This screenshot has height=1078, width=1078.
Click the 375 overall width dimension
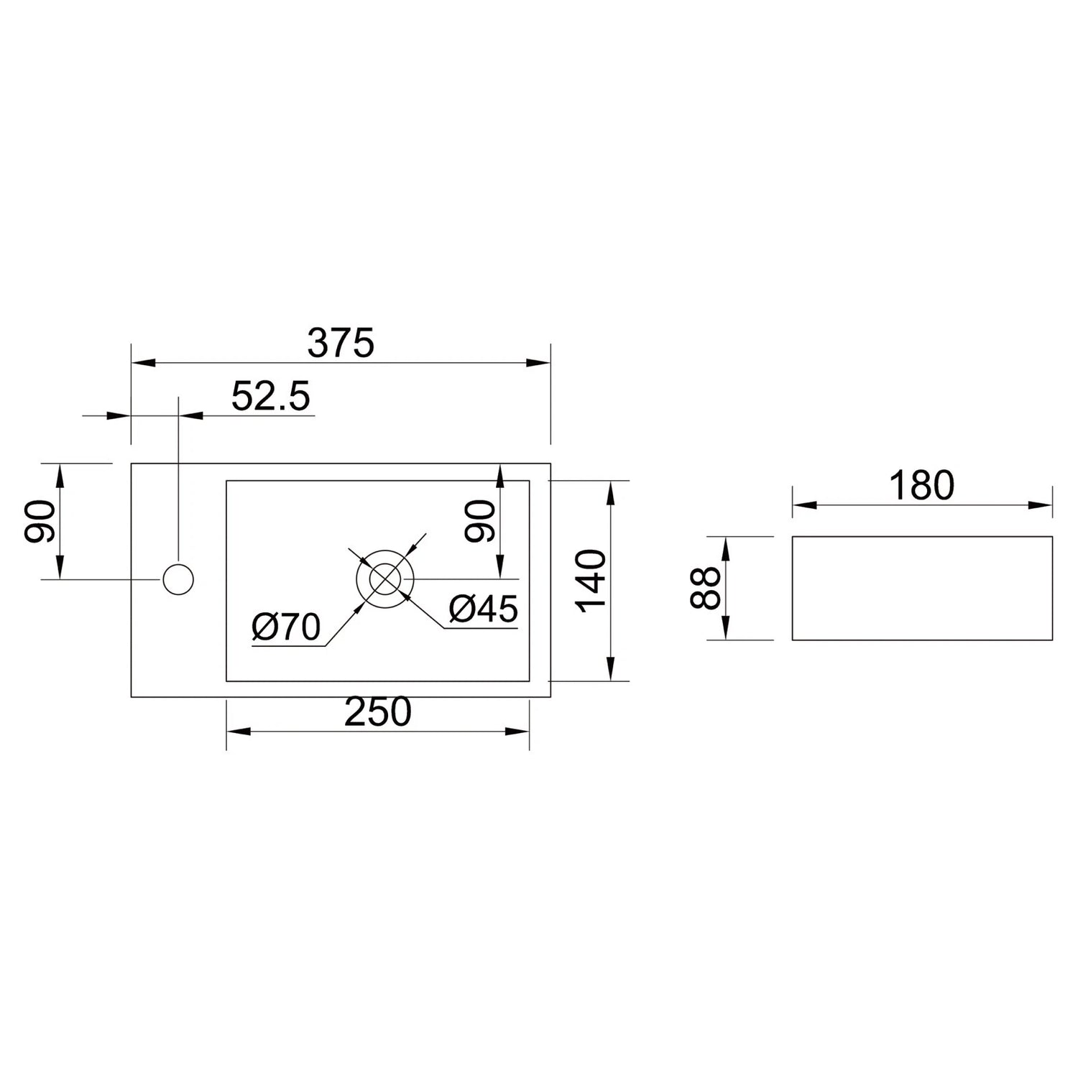341,343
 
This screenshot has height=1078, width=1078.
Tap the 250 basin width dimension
378,711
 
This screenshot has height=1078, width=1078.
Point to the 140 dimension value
592,580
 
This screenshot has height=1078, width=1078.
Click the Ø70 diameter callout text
286,627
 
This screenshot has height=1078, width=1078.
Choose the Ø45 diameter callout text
483,609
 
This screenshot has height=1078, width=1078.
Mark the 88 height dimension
705,588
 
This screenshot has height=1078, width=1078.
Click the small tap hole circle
178,579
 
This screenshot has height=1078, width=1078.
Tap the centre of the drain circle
385,578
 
